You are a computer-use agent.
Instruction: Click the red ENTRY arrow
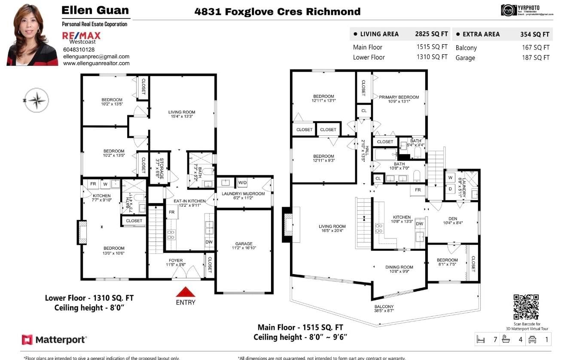click(x=186, y=293)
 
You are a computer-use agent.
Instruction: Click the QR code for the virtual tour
click(x=526, y=307)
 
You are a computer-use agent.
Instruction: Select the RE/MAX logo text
click(x=82, y=35)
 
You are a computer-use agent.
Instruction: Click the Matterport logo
click(x=55, y=340)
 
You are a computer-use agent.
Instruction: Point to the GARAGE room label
click(x=244, y=244)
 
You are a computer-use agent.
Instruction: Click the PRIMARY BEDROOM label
click(x=399, y=98)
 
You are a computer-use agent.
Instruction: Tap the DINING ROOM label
click(x=399, y=267)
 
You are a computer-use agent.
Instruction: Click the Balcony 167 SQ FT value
click(x=535, y=48)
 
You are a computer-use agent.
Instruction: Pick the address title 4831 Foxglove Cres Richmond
click(x=277, y=12)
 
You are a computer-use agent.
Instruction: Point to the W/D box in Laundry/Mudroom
click(x=243, y=183)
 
